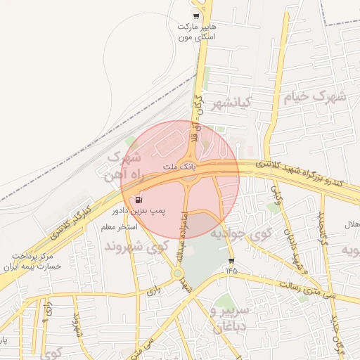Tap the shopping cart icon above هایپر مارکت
pyautogui.click(x=195, y=16)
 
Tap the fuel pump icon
pyautogui.click(x=136, y=200)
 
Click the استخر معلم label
pyautogui.click(x=117, y=227)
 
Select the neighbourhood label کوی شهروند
pyautogui.click(x=137, y=246)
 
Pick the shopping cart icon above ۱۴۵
pyautogui.click(x=231, y=261)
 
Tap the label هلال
pyautogui.click(x=351, y=224)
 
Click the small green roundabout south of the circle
pyautogui.click(x=177, y=274)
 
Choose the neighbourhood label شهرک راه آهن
pyautogui.click(x=126, y=164)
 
